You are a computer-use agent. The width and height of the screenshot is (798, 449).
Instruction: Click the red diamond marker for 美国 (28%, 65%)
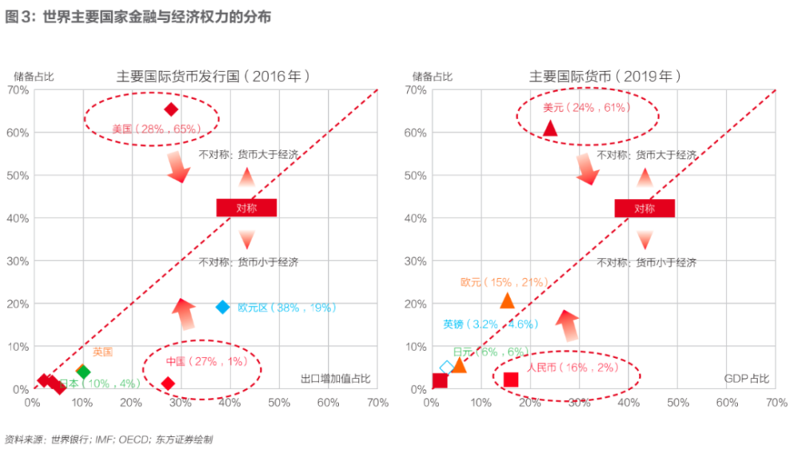pyautogui.click(x=170, y=109)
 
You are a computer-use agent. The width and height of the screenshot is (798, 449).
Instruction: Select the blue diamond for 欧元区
pyautogui.click(x=223, y=307)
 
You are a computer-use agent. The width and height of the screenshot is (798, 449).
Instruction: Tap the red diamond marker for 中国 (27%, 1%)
pyautogui.click(x=168, y=384)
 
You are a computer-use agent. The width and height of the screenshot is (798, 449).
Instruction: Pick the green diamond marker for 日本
pyautogui.click(x=83, y=372)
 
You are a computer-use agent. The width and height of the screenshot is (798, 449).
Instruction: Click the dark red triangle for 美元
pyautogui.click(x=550, y=128)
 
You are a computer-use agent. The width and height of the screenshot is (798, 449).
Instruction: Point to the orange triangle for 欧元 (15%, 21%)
pyautogui.click(x=507, y=301)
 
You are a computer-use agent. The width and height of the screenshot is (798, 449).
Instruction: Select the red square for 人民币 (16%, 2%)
pyautogui.click(x=511, y=380)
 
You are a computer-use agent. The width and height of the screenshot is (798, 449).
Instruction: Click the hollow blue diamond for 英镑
pyautogui.click(x=447, y=368)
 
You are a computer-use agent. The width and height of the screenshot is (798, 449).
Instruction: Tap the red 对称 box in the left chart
pyautogui.click(x=247, y=208)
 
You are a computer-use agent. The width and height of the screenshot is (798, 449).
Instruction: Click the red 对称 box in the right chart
pyautogui.click(x=644, y=208)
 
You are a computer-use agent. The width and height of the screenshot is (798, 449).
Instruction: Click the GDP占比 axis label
pyautogui.click(x=747, y=378)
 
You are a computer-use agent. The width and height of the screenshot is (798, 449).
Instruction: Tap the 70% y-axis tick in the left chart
pyautogui.click(x=18, y=90)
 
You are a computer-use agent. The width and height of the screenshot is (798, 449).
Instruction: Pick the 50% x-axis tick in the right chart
pyautogui.click(x=678, y=403)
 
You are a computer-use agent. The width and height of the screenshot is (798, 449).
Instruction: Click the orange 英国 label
pyautogui.click(x=102, y=352)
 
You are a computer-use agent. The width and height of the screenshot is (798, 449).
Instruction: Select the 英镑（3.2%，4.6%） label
pyautogui.click(x=491, y=325)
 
